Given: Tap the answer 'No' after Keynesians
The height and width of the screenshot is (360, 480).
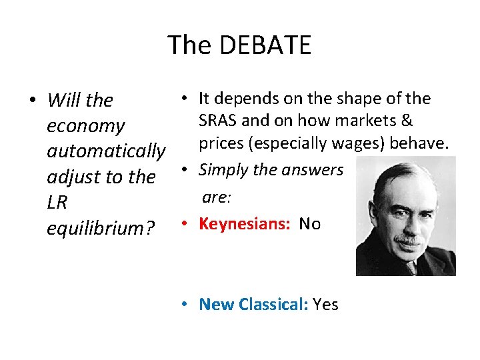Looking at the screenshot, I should pyautogui.click(x=310, y=224).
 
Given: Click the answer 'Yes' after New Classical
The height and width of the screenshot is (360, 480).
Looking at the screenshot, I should pyautogui.click(x=325, y=305).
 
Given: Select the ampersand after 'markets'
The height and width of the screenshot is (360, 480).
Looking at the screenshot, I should pyautogui.click(x=406, y=121).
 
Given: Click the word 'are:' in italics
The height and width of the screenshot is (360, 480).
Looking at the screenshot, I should pyautogui.click(x=215, y=197).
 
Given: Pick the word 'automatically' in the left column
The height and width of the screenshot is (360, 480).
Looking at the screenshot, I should pyautogui.click(x=106, y=151).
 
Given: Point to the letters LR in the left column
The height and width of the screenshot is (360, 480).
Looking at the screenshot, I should pyautogui.click(x=57, y=203).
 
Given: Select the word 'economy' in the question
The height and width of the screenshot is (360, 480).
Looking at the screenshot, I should pyautogui.click(x=85, y=126).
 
